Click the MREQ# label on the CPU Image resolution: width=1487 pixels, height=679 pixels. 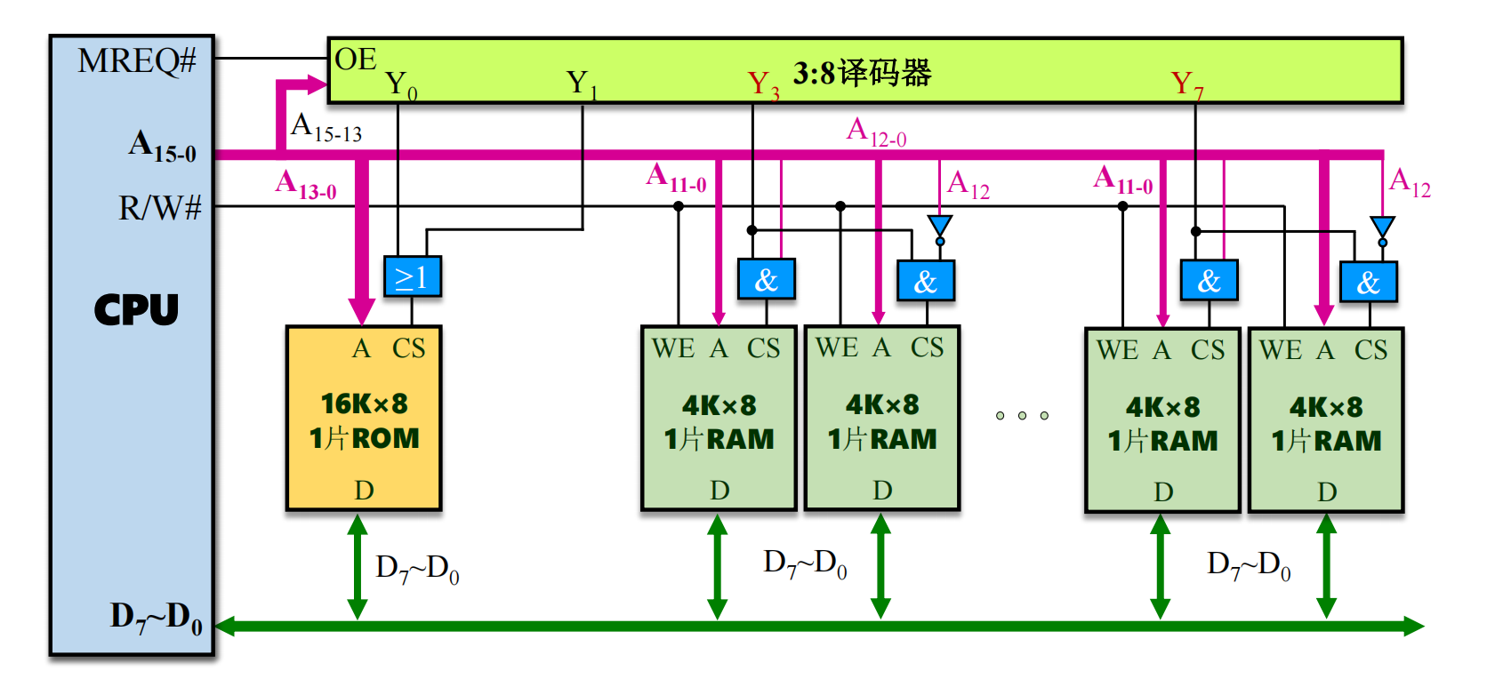(136, 60)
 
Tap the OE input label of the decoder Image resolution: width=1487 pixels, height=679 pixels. (356, 60)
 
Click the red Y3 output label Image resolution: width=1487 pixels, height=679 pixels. (763, 85)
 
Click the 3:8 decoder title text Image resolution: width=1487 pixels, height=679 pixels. (862, 73)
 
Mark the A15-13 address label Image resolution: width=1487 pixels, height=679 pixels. (326, 128)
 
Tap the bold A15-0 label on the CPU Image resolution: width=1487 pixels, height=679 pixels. (162, 146)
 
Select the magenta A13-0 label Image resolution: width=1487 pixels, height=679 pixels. (306, 185)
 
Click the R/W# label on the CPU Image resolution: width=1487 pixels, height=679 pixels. (160, 208)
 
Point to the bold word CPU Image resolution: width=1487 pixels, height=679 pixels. (136, 310)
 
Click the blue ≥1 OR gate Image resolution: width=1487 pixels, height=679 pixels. (412, 277)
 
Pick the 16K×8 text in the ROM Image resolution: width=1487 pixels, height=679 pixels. (364, 404)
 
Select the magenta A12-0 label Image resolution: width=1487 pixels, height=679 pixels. (876, 132)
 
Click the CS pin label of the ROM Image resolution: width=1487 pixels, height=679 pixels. (409, 348)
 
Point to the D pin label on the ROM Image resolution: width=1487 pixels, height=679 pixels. (364, 491)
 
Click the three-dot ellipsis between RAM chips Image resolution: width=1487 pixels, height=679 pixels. (1022, 415)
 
